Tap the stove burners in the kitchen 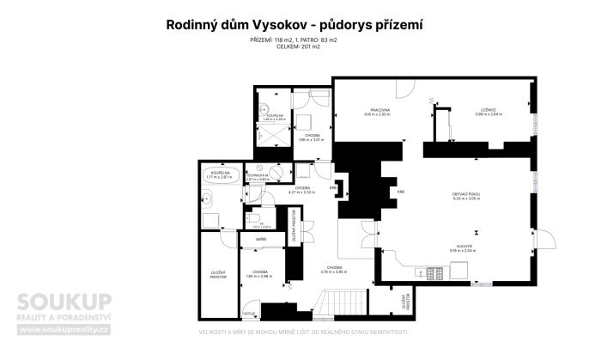(x=434, y=273)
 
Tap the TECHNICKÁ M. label (x=258, y=174)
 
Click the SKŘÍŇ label (x=260, y=238)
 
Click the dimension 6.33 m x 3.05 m (x=466, y=200)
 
